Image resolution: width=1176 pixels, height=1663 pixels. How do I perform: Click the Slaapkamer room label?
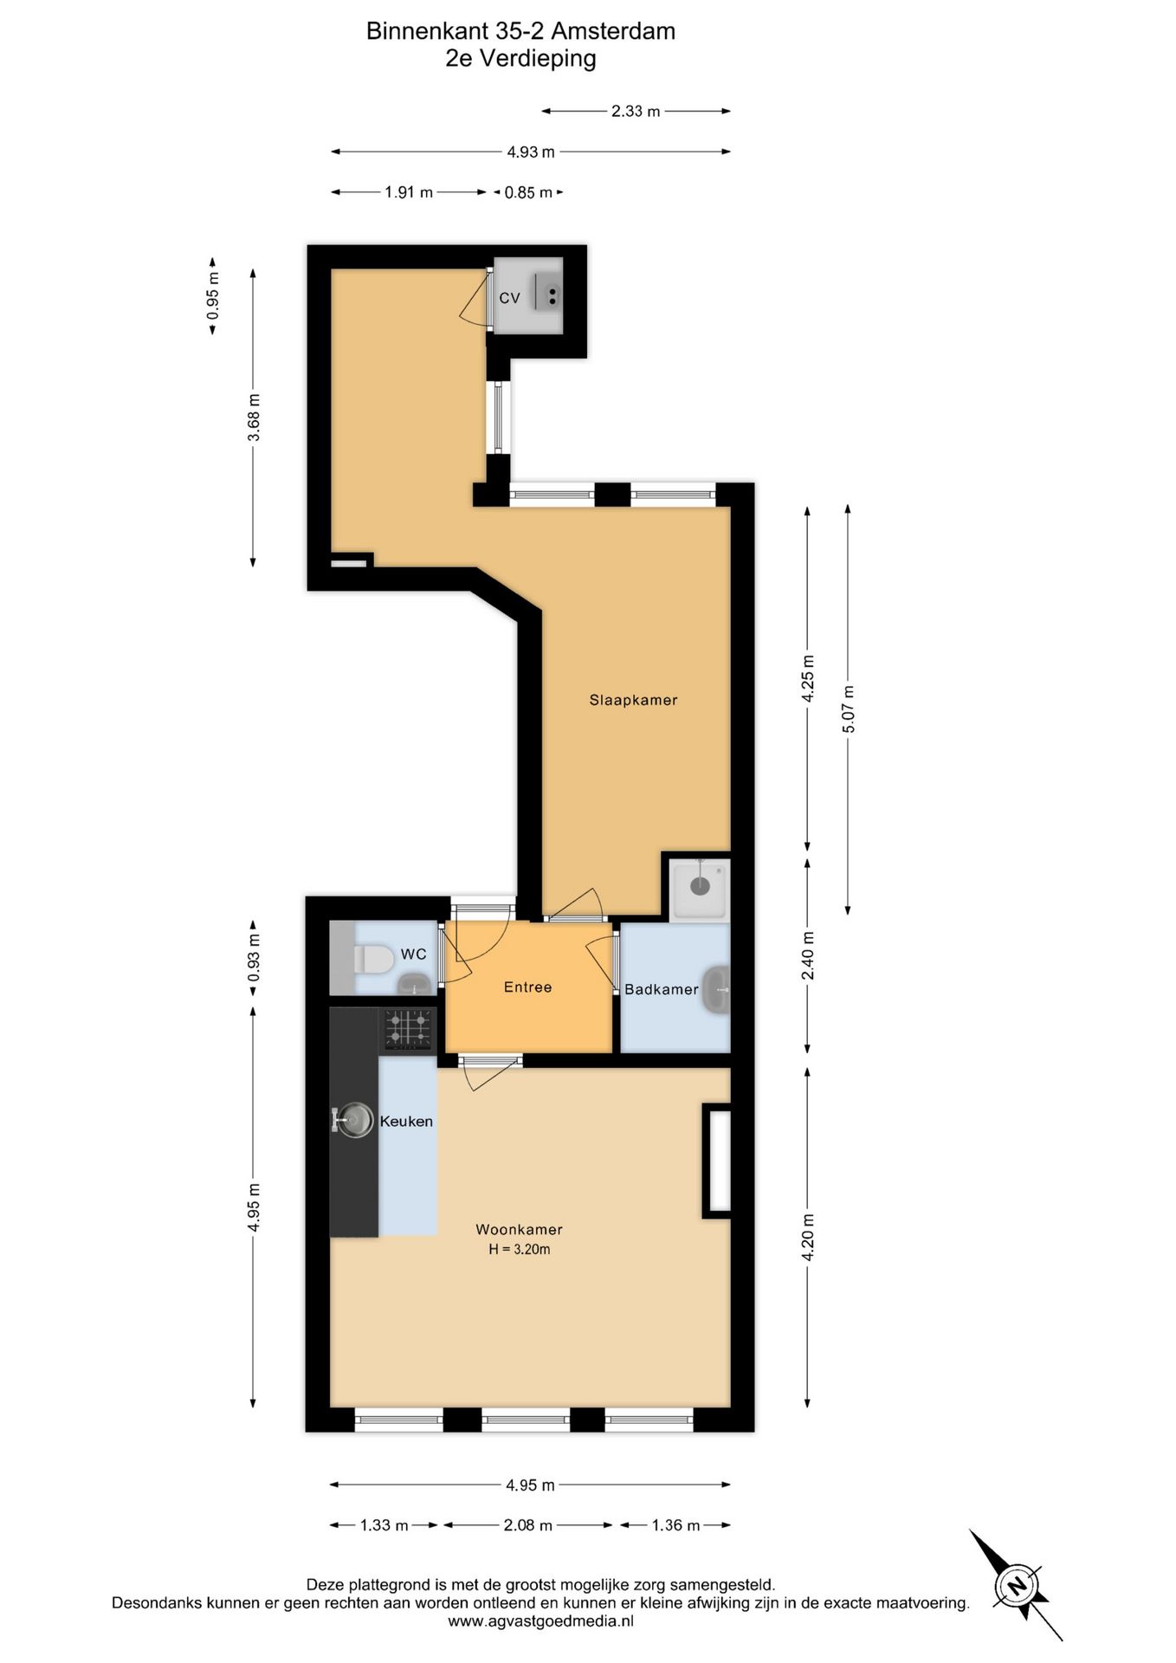(633, 700)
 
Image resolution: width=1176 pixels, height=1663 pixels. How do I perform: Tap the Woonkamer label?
(519, 1229)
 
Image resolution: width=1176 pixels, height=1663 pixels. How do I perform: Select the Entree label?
(527, 987)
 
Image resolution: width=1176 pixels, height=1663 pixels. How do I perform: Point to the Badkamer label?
(661, 989)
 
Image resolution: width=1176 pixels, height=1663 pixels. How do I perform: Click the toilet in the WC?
(373, 959)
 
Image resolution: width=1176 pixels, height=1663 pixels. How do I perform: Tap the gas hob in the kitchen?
(409, 1030)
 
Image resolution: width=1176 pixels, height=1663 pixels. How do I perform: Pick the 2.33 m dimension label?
(636, 111)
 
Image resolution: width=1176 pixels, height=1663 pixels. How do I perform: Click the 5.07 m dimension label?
(849, 709)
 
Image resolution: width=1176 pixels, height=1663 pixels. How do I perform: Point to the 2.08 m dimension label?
(527, 1525)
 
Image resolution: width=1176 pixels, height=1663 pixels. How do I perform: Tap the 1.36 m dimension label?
(675, 1525)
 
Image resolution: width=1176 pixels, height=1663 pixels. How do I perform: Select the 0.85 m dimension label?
(528, 192)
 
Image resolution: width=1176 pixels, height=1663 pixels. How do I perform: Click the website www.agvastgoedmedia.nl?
(541, 1621)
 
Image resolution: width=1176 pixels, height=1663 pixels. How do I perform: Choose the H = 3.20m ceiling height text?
(520, 1249)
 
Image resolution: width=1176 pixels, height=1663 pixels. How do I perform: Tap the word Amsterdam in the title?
(613, 31)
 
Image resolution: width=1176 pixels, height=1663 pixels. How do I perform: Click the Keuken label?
(406, 1121)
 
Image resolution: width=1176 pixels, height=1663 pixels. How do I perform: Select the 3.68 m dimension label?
(254, 417)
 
